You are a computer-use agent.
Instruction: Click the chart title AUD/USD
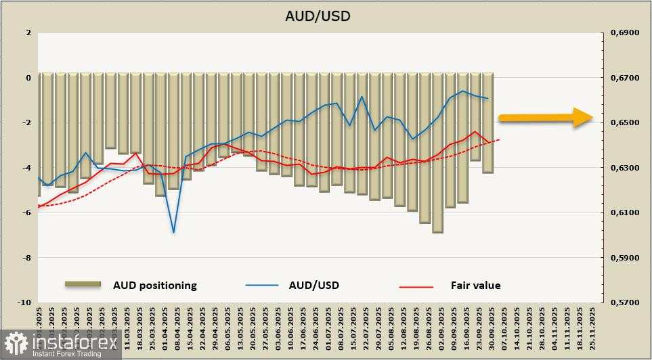[x=326, y=16]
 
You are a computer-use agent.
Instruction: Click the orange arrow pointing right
[x=545, y=117]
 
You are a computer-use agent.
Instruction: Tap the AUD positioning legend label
[x=154, y=285]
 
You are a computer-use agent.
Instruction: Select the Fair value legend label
[x=475, y=285]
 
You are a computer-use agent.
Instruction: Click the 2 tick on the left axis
[x=28, y=32]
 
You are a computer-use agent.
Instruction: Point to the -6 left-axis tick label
[x=27, y=212]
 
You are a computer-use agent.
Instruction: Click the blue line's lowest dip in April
[x=174, y=232]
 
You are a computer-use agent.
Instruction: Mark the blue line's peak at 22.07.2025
[x=362, y=96]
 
